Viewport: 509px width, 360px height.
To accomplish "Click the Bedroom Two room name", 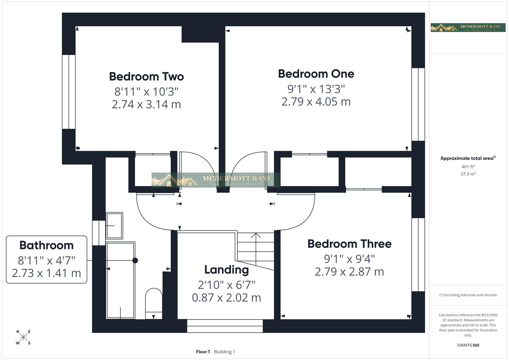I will point(146,77).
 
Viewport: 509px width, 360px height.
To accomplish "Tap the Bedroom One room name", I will point(316,74).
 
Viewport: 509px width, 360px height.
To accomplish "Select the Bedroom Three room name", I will point(349,244).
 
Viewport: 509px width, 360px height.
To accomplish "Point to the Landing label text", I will point(226,270).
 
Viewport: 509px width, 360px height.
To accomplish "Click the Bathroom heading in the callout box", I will point(46,245).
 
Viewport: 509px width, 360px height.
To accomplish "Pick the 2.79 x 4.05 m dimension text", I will point(316,102).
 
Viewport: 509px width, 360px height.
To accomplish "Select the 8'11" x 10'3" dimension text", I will point(146,91).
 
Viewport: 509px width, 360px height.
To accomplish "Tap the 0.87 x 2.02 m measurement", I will point(226,297).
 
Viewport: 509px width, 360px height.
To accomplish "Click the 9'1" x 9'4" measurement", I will point(349,259).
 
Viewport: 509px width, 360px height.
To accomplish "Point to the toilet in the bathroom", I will point(154,303).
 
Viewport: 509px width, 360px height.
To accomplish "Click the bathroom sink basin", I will point(114,226).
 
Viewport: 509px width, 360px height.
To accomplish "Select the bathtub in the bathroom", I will point(120,280).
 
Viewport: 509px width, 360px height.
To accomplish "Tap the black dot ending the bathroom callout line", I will point(135,260).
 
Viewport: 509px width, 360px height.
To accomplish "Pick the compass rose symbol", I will point(23,337).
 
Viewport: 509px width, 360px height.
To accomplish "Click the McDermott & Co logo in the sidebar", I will point(468,27).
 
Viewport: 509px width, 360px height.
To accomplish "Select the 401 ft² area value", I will point(468,167).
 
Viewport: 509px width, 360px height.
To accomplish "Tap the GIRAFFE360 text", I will point(468,345).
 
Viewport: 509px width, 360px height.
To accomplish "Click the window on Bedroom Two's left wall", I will point(69,92).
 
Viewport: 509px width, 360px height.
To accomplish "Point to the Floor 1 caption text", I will point(203,352).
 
